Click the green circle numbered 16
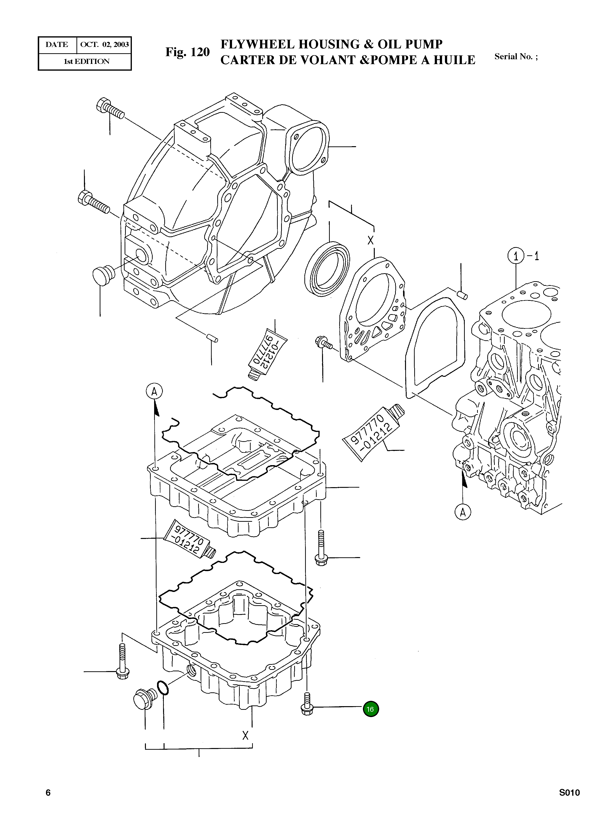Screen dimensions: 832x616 click(x=370, y=709)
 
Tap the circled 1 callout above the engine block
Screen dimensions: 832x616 click(x=516, y=256)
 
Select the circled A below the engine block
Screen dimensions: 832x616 click(x=463, y=512)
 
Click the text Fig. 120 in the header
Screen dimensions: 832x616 click(x=188, y=52)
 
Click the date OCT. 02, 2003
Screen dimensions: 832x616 click(x=105, y=45)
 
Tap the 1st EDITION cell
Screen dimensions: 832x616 click(x=87, y=61)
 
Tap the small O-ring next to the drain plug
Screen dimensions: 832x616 click(x=163, y=688)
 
